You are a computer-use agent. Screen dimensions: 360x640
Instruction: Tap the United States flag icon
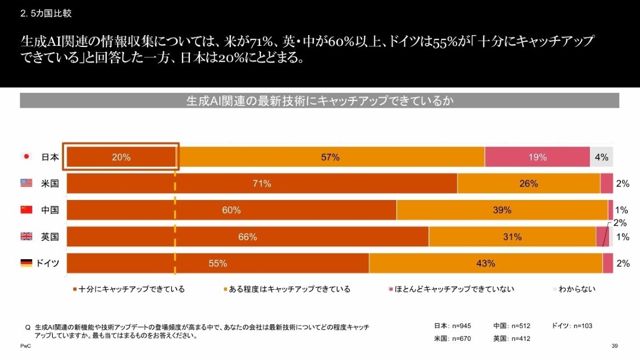tap(26, 183)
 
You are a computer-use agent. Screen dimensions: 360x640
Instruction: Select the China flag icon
tap(26, 210)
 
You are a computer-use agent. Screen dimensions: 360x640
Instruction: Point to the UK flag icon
tap(26, 237)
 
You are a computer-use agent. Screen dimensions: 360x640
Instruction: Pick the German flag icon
tap(26, 263)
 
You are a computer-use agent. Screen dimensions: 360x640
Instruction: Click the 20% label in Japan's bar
tap(121, 157)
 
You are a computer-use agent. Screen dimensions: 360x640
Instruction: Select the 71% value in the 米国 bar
tap(262, 184)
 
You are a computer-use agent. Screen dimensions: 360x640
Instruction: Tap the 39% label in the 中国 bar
tap(502, 210)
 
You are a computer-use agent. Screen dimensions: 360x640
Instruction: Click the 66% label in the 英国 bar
tap(247, 237)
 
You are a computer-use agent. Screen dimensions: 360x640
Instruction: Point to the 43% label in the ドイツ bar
tap(486, 263)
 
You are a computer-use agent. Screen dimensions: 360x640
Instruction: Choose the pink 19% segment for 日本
tap(537, 157)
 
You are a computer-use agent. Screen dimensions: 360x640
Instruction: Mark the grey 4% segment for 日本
tap(601, 157)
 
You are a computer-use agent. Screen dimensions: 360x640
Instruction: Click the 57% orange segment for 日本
tap(331, 157)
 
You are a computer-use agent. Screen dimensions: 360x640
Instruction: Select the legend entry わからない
tap(573, 289)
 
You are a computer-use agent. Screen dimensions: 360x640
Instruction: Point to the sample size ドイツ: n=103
tap(572, 326)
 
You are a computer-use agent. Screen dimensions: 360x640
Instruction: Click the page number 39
tap(614, 347)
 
